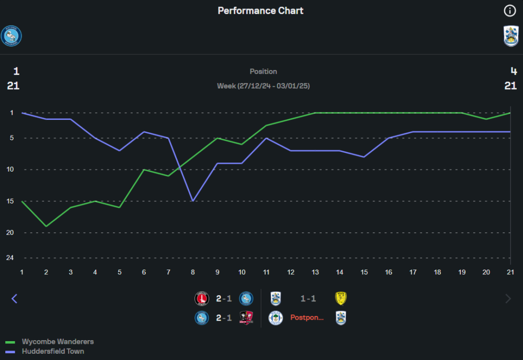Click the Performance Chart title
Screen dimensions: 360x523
point(260,10)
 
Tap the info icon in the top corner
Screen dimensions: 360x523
point(509,10)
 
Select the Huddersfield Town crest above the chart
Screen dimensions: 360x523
point(511,36)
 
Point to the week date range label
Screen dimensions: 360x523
point(263,86)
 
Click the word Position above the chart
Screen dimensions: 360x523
point(263,71)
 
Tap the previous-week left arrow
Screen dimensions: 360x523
point(14,299)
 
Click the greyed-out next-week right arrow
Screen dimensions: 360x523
point(508,299)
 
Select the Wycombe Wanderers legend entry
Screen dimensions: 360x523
point(58,342)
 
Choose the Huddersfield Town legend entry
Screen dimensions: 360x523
point(53,352)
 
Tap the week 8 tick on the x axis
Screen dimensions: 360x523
point(193,272)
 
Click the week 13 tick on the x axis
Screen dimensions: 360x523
point(315,272)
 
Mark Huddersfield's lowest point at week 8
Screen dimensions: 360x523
point(193,201)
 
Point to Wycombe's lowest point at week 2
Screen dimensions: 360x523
point(46,226)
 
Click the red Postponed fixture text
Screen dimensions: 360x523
point(307,318)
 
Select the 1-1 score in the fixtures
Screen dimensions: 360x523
point(308,299)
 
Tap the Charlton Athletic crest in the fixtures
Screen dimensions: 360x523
point(201,299)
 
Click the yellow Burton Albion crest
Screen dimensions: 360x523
point(341,298)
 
